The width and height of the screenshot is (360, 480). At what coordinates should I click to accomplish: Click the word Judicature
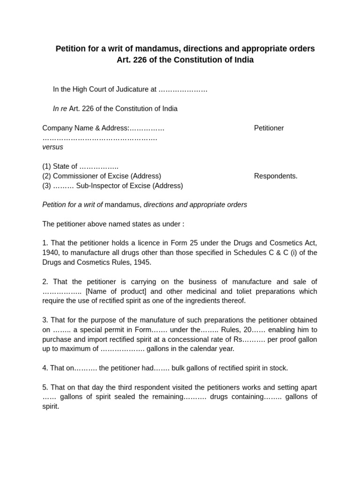pos(132,89)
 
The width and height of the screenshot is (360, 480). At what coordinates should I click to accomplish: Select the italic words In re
pos(60,109)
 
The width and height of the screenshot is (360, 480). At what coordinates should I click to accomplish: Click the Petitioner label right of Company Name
pos(269,128)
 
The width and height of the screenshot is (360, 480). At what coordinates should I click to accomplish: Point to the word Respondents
pos(276,176)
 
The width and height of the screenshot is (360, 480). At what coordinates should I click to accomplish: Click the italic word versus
pos(52,147)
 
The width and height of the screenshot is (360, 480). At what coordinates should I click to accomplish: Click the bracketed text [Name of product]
pos(116,292)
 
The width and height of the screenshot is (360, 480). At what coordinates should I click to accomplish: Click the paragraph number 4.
pos(45,368)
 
